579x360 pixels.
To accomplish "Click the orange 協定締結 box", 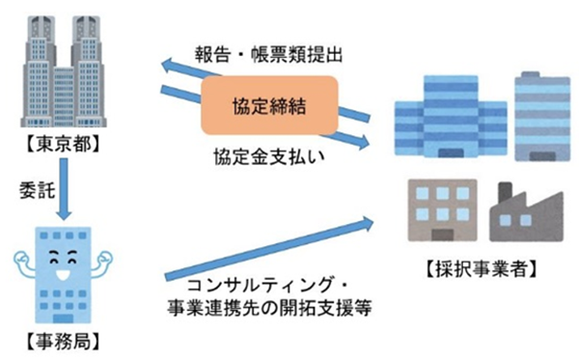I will [268, 105].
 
